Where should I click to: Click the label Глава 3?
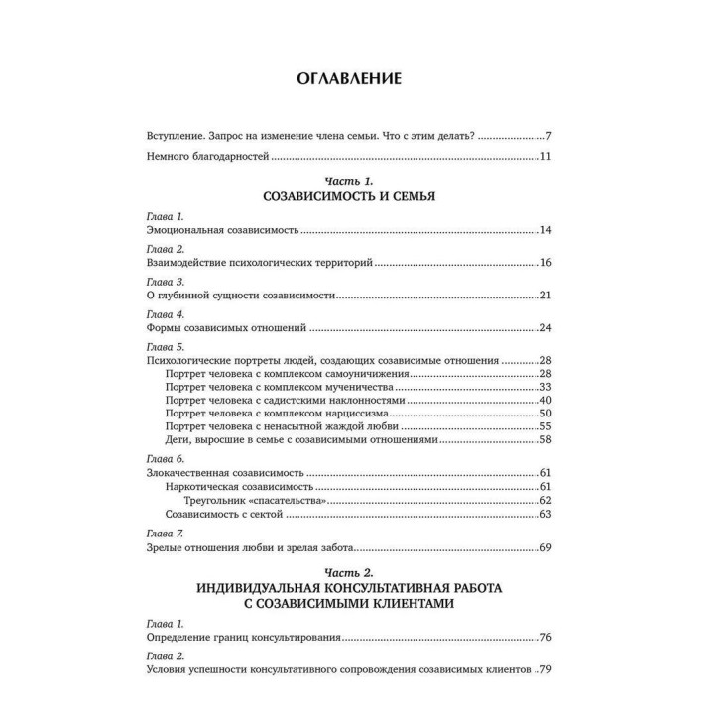[153, 281]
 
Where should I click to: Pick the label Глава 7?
[153, 533]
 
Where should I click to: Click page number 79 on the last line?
[545, 670]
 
